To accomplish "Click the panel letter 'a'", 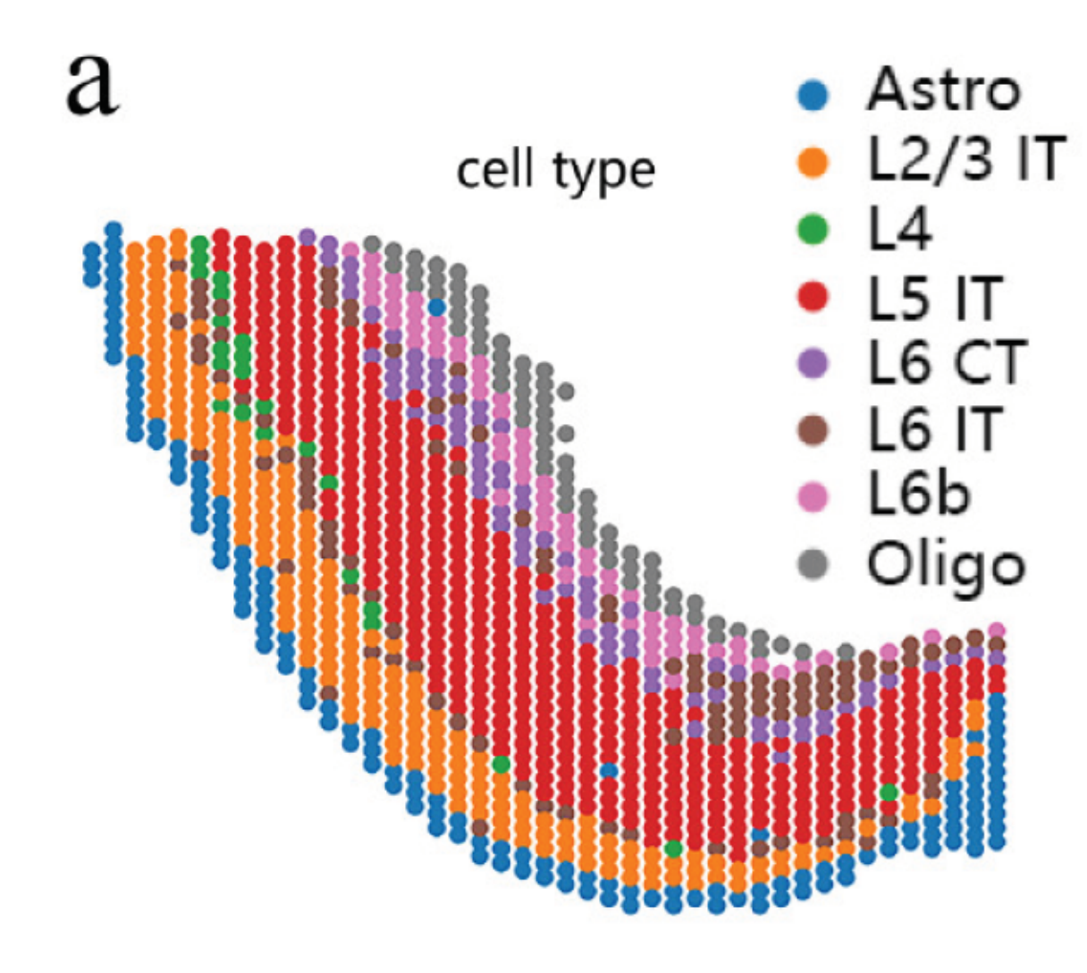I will pyautogui.click(x=92, y=83).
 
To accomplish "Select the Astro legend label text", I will pyautogui.click(x=943, y=90).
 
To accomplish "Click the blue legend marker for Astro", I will pyautogui.click(x=813, y=93).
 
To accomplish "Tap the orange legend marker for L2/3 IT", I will pyautogui.click(x=813, y=162).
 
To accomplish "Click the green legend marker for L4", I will pyautogui.click(x=813, y=230).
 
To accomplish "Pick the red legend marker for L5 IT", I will pyautogui.click(x=813, y=298).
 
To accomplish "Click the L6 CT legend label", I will pyautogui.click(x=947, y=362).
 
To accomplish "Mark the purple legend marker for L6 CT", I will pyautogui.click(x=813, y=365).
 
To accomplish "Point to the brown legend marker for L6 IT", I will pyautogui.click(x=813, y=432).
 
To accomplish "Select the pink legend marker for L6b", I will pyautogui.click(x=813, y=498).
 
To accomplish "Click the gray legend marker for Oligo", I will pyautogui.click(x=813, y=565).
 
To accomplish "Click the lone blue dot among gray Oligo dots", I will pyautogui.click(x=436, y=307).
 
